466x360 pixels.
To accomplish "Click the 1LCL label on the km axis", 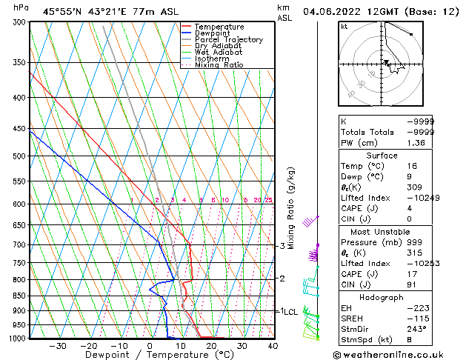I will click(x=287, y=312).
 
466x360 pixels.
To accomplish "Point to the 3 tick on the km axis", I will click(x=282, y=246).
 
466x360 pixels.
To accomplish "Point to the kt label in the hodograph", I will click(x=344, y=27).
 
